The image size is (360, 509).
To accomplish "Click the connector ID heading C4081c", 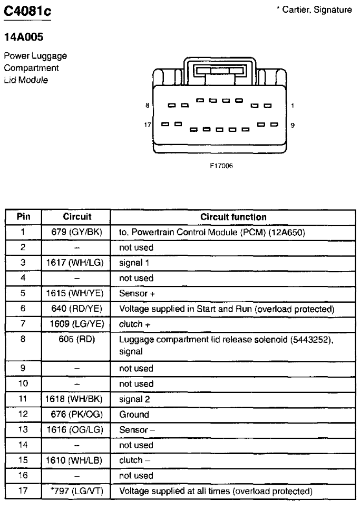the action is pos(27,12).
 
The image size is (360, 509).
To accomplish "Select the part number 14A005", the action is pos(23,37).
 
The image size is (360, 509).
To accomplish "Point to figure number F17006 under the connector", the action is pos(221,166).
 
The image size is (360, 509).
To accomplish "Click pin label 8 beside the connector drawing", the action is pos(148,105).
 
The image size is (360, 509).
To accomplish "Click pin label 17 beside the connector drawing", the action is pos(148,124).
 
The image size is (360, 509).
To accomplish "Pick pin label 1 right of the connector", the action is pos(293,105).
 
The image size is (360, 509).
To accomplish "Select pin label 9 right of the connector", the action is pos(293,126).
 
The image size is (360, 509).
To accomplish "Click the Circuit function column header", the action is pos(233,217).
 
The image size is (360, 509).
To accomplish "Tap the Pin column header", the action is pos(23,216).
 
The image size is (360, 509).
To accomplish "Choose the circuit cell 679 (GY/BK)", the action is pos(76,232).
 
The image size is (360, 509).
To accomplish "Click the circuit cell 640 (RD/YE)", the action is pos(76,309).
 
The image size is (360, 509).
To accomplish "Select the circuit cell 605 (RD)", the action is pos(76,339).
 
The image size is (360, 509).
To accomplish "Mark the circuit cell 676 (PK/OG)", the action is pos(76,414).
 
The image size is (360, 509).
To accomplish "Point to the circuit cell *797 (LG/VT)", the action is pos(76,491).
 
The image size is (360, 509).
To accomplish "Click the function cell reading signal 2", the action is pos(134,399).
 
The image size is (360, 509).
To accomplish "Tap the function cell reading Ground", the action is pos(134,415).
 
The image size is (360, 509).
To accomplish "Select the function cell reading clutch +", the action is pos(134,324).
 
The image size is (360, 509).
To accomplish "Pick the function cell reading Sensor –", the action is pos(137,430).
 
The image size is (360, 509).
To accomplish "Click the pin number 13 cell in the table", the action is pos(23,429).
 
